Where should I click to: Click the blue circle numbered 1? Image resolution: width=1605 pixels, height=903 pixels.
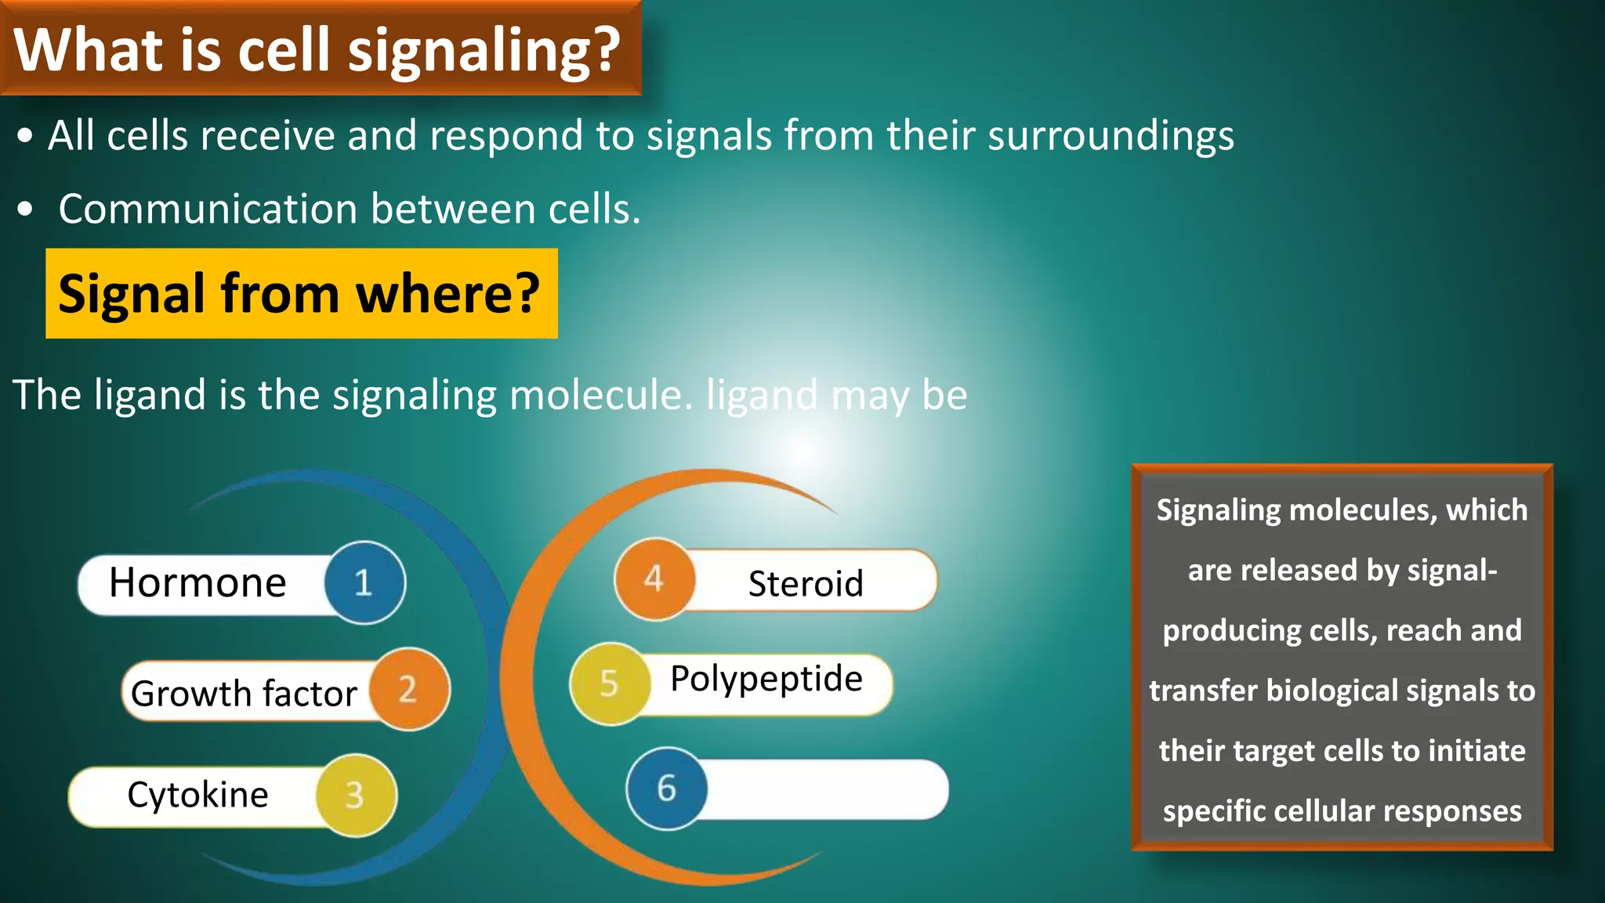click(364, 582)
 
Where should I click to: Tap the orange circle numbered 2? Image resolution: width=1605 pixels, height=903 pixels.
click(409, 689)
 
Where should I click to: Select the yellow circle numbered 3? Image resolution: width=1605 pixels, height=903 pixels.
click(356, 795)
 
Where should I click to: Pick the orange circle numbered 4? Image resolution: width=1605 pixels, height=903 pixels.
click(654, 579)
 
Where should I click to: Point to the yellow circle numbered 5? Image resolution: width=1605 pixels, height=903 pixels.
click(610, 684)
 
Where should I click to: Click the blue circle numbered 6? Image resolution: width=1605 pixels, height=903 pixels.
click(667, 788)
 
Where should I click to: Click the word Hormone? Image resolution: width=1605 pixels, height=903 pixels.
click(197, 583)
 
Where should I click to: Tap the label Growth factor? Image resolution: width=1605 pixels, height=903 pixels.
click(244, 694)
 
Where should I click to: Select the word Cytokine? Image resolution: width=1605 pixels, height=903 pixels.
click(197, 795)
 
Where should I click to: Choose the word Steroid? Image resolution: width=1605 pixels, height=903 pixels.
click(806, 584)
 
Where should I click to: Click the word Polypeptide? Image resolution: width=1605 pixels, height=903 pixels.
click(766, 679)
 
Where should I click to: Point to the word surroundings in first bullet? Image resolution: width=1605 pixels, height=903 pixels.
click(1110, 136)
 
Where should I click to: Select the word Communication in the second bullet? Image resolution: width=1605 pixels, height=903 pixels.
click(208, 209)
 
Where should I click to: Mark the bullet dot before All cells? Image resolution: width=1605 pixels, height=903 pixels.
click(26, 136)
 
